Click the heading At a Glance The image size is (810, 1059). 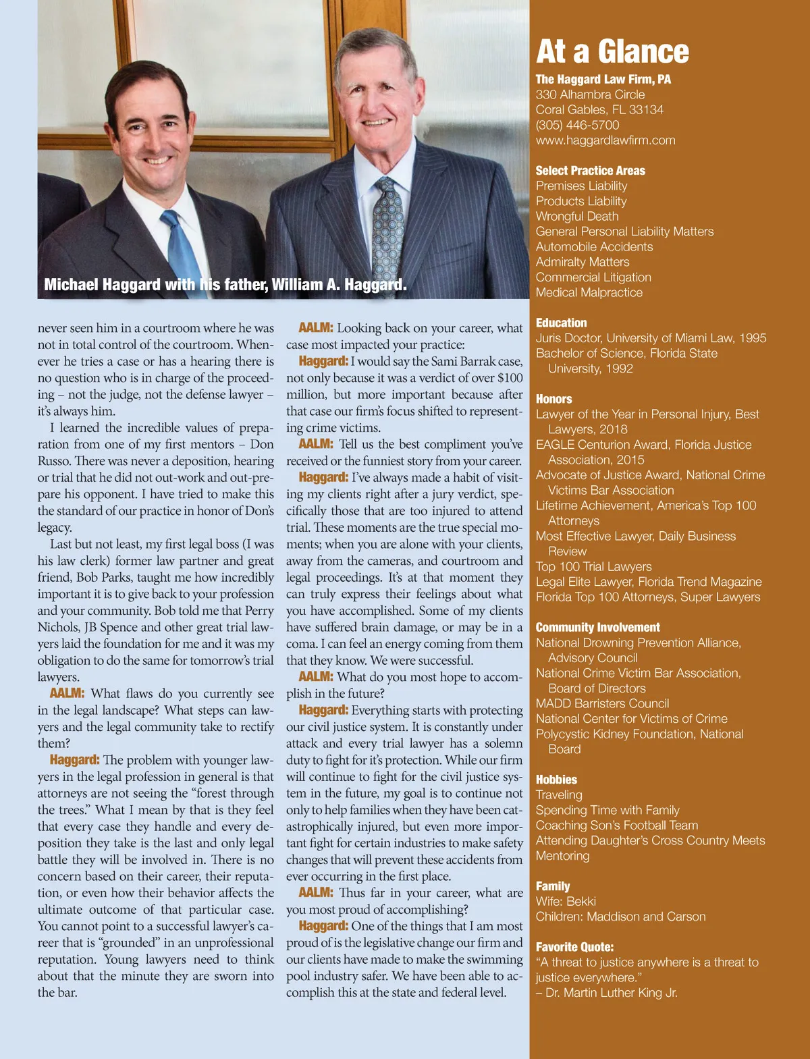[x=612, y=51]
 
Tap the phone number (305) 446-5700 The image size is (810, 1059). [x=577, y=125]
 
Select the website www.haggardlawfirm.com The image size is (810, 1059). [x=605, y=140]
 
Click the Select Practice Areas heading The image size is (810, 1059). [x=590, y=171]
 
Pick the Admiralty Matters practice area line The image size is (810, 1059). [x=582, y=262]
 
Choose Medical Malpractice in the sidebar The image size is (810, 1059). [x=589, y=292]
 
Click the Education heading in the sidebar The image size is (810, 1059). [x=561, y=323]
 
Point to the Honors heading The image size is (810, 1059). [x=553, y=399]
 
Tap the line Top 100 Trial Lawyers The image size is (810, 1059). [x=593, y=566]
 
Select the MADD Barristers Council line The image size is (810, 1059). [x=602, y=703]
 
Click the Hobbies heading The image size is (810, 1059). [x=556, y=780]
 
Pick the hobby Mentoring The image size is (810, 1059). [x=562, y=856]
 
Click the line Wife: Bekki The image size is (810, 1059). [x=566, y=901]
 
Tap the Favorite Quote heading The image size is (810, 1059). [x=574, y=947]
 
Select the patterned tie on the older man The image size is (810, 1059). [x=387, y=229]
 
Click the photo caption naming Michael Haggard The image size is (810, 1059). [x=225, y=285]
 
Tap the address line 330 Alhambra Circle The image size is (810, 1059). [x=590, y=94]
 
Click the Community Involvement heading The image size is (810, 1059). [x=597, y=627]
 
